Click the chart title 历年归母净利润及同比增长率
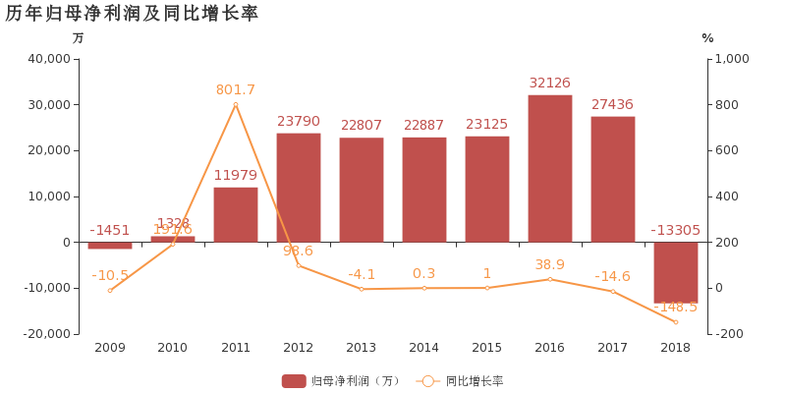click(x=132, y=14)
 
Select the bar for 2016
click(x=550, y=168)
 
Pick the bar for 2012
click(x=299, y=187)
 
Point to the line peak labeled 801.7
click(x=236, y=104)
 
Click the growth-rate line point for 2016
click(x=550, y=279)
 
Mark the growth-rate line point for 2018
click(x=676, y=322)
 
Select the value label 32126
click(x=550, y=84)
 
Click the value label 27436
click(x=613, y=104)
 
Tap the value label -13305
click(x=676, y=231)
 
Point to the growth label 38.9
click(x=550, y=265)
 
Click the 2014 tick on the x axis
click(x=424, y=348)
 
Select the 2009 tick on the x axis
click(x=110, y=348)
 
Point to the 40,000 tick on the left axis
click(x=50, y=59)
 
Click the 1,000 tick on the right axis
click(x=730, y=59)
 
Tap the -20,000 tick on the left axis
click(x=47, y=334)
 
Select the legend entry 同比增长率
click(x=462, y=381)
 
